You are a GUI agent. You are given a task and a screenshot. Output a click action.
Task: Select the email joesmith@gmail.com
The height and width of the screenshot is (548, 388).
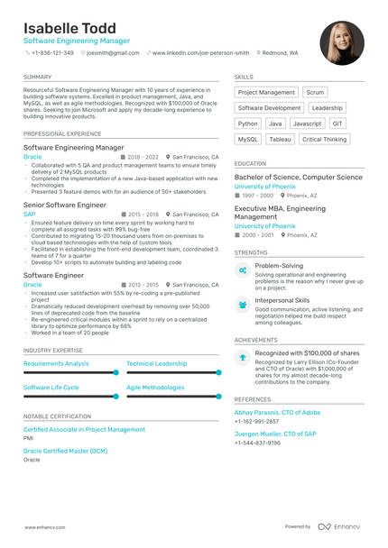click(x=112, y=53)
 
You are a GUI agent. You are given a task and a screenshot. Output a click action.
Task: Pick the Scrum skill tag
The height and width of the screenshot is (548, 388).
click(x=315, y=92)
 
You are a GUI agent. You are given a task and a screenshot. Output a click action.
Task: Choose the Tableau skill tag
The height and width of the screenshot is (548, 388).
click(x=281, y=139)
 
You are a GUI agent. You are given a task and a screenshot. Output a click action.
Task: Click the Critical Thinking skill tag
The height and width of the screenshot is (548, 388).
click(x=324, y=139)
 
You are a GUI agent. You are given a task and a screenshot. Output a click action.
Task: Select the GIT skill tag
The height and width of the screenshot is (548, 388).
click(x=337, y=123)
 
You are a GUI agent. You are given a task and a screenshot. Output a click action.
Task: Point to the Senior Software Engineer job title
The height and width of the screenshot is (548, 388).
click(x=64, y=205)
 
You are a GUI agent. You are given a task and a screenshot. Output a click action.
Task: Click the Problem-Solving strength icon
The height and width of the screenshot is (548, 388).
click(x=243, y=269)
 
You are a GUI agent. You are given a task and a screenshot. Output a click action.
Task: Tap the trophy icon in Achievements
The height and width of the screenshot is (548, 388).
click(x=243, y=358)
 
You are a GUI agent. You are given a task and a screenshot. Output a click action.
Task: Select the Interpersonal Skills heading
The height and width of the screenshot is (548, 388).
click(x=282, y=300)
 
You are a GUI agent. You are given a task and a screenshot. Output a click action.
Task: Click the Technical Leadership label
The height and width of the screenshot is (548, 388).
click(x=157, y=363)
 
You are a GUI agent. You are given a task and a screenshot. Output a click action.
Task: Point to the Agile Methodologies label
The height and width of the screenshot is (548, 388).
click(x=155, y=387)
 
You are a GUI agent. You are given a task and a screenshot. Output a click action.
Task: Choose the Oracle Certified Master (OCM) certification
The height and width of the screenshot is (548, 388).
click(x=65, y=450)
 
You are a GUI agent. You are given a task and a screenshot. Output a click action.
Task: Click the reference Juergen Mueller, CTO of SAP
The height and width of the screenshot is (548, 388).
click(x=274, y=434)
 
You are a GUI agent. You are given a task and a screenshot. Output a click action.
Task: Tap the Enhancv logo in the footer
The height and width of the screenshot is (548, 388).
click(x=341, y=526)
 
